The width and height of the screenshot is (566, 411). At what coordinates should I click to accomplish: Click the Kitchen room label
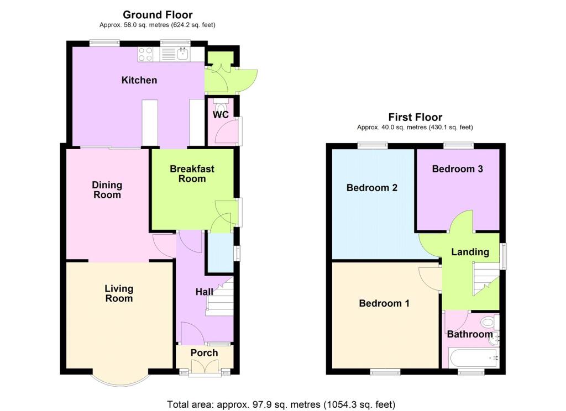click(x=139, y=80)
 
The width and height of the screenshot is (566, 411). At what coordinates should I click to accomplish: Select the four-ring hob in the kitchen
click(x=145, y=54)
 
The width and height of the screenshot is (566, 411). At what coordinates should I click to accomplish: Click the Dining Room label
click(x=107, y=189)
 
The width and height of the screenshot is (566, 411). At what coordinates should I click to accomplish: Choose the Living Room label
click(x=119, y=293)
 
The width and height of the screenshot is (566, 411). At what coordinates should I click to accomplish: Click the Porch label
click(x=204, y=353)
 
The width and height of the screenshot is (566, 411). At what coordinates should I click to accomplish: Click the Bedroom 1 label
click(x=384, y=303)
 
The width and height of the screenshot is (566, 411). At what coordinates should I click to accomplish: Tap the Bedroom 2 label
click(x=372, y=188)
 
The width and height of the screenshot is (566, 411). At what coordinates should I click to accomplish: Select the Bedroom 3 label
click(x=458, y=169)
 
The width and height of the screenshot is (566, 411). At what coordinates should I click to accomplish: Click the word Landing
click(x=470, y=252)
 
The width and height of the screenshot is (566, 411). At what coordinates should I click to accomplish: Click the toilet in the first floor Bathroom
click(x=488, y=322)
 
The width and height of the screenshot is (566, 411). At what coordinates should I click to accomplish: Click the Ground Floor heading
click(x=158, y=15)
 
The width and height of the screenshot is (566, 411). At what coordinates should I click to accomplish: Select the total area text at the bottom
click(x=281, y=404)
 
